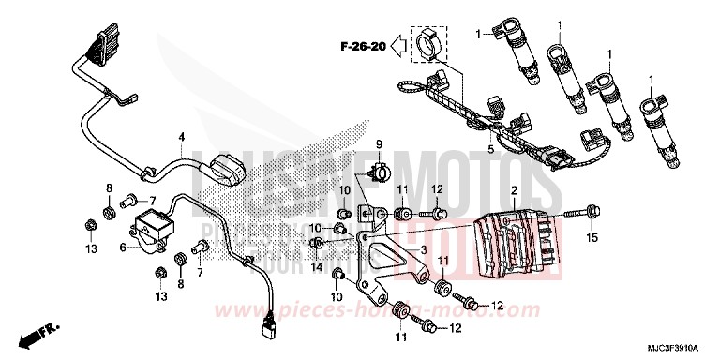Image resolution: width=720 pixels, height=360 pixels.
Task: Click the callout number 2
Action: (515, 190)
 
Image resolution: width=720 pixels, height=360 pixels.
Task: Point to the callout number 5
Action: (489, 151)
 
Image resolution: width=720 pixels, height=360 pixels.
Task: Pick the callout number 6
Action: (123, 247)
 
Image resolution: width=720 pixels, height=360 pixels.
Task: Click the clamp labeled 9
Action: (381, 171)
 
